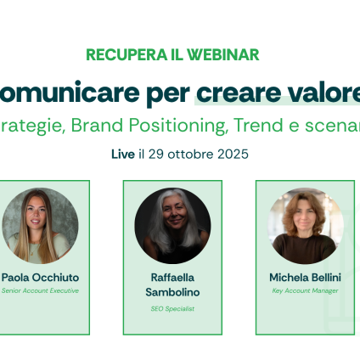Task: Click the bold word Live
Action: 122,155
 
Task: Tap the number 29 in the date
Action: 157,155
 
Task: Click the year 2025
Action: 233,155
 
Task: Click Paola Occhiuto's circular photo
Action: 40,225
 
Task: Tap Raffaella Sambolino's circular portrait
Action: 172,225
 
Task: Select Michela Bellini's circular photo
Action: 305,225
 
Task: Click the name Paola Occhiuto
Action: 40,277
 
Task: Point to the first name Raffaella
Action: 172,277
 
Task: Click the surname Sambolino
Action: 172,292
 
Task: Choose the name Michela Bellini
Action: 305,277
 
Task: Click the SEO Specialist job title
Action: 172,308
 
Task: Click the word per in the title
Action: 166,94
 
